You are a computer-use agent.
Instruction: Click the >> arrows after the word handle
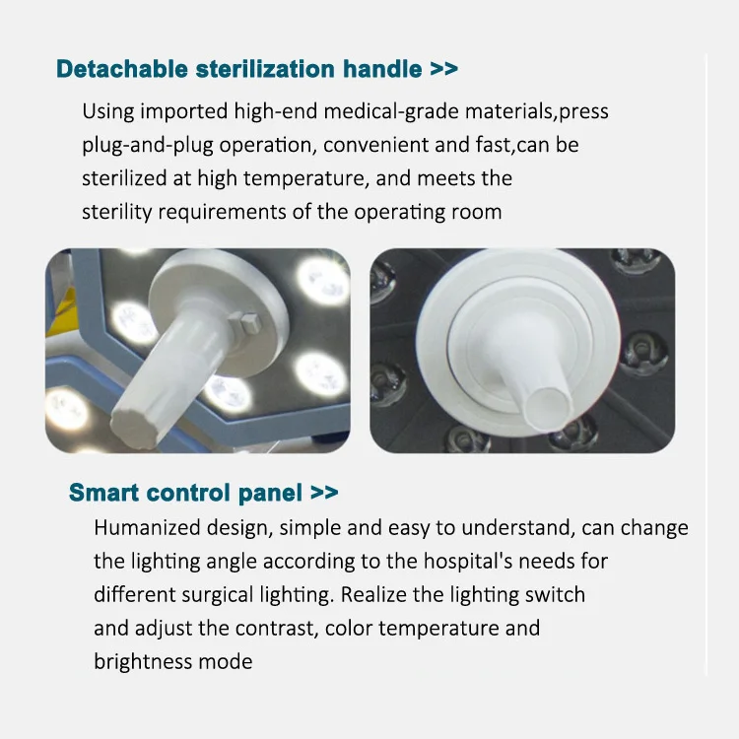(x=443, y=69)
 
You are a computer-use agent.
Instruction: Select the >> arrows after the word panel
(x=324, y=493)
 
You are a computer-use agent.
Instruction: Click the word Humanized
(x=144, y=527)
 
